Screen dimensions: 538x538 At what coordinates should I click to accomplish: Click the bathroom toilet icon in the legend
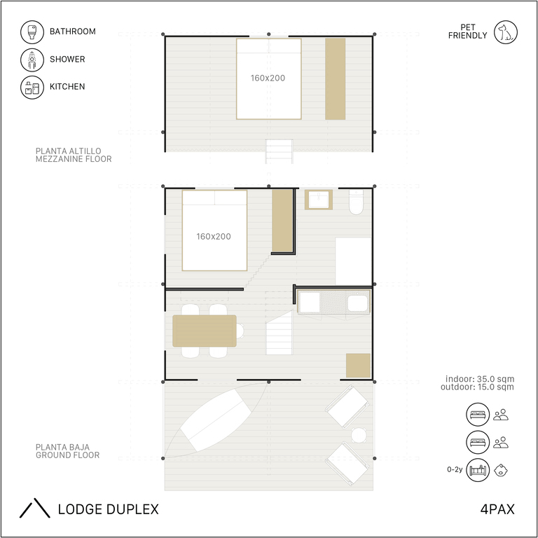click(x=32, y=32)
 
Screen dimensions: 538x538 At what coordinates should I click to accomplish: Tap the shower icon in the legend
click(x=32, y=60)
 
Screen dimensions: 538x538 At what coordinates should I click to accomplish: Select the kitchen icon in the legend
click(x=32, y=87)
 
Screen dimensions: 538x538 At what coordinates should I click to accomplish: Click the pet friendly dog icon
click(x=505, y=32)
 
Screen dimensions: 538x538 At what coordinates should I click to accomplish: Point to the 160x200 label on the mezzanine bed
click(x=268, y=78)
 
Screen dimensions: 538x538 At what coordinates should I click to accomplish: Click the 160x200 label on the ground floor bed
click(x=214, y=236)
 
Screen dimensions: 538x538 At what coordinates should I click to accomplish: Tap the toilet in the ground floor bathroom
click(x=356, y=202)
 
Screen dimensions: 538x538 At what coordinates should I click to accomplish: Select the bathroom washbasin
click(x=319, y=200)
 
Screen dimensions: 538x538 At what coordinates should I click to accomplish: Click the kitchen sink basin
click(x=357, y=303)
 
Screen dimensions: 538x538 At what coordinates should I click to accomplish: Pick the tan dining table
click(x=205, y=331)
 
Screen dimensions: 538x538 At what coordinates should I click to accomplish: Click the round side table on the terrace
click(x=359, y=435)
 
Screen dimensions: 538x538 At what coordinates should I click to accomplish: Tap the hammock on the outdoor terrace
click(x=216, y=420)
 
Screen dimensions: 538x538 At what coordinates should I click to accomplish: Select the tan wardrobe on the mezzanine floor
click(x=336, y=79)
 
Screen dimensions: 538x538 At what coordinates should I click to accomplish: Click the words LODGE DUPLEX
click(x=109, y=509)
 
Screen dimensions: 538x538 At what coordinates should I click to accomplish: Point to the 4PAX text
click(x=497, y=509)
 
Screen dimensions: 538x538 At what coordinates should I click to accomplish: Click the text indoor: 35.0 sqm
click(x=480, y=379)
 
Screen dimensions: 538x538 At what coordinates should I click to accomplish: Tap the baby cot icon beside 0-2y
click(x=478, y=470)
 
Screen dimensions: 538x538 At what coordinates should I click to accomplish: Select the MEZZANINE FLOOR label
click(x=74, y=159)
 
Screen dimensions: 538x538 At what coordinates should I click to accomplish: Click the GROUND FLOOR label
click(x=67, y=455)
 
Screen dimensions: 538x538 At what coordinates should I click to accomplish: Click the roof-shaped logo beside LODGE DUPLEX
click(x=34, y=508)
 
